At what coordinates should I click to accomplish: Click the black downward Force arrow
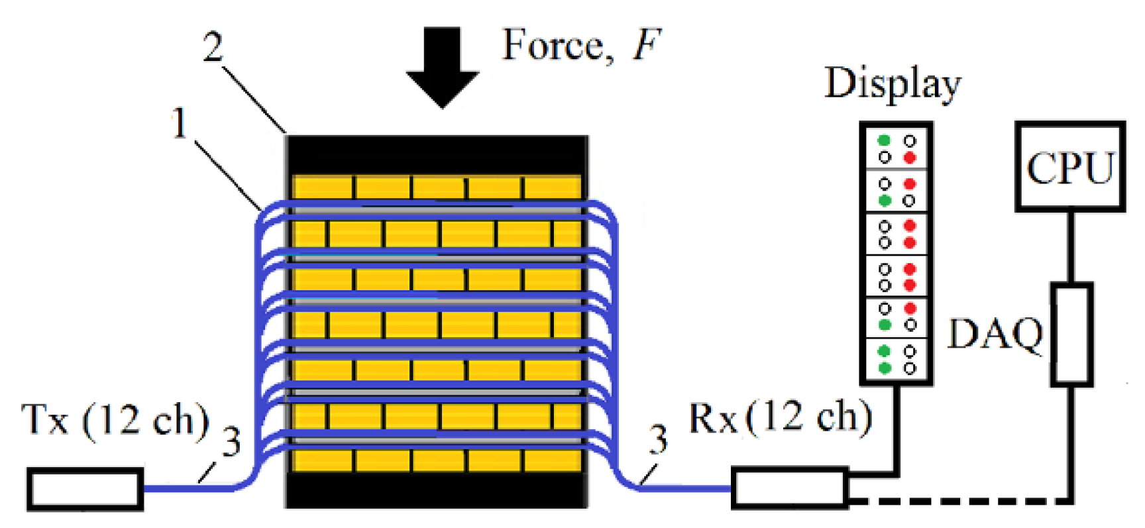click(442, 66)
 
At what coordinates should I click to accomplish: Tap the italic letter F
click(646, 45)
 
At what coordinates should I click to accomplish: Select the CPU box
click(1069, 167)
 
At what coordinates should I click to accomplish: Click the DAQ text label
click(995, 333)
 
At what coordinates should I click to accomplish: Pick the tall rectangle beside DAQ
click(1071, 334)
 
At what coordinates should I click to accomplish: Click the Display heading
click(892, 85)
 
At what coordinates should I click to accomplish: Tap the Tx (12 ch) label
click(115, 420)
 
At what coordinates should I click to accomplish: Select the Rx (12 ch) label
click(781, 417)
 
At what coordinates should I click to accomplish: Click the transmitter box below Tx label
click(85, 489)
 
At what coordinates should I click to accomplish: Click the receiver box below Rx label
click(789, 488)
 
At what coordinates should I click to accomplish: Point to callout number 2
click(213, 48)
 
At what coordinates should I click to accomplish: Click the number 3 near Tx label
click(231, 442)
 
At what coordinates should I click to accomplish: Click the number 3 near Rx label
click(657, 440)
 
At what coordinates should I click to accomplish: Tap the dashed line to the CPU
click(961, 501)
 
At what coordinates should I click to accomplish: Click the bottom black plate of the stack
click(437, 490)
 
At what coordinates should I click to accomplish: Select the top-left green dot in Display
click(884, 140)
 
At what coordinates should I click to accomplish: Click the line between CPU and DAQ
click(1071, 246)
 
